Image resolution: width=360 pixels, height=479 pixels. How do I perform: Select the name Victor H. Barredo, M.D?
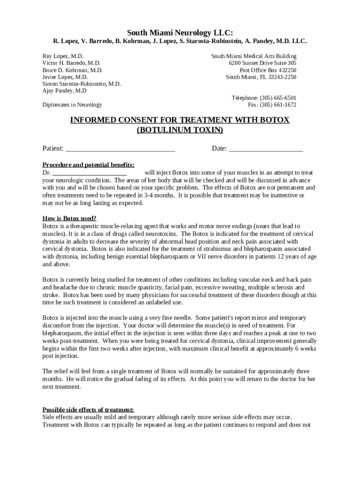click(x=71, y=63)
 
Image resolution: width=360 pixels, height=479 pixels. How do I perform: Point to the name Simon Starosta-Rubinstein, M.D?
click(x=82, y=84)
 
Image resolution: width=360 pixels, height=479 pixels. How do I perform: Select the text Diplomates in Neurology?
click(x=72, y=105)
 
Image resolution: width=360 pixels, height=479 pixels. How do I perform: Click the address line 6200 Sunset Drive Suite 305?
click(x=262, y=63)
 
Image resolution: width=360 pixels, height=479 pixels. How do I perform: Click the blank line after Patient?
click(x=120, y=149)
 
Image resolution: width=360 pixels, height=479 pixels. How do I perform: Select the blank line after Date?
click(x=266, y=149)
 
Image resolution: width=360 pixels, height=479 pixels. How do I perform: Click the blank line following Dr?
click(x=89, y=173)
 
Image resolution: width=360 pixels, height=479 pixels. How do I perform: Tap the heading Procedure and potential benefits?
click(x=88, y=165)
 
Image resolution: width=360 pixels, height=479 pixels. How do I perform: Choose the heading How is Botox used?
click(x=70, y=218)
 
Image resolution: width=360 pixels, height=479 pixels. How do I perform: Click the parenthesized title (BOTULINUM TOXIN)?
click(x=180, y=130)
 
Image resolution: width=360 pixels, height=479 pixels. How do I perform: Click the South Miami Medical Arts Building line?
click(x=254, y=56)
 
